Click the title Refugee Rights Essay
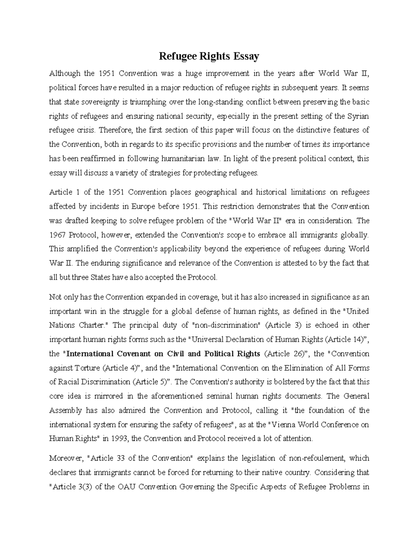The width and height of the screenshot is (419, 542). point(209,56)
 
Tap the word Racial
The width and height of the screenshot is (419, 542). point(67,382)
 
